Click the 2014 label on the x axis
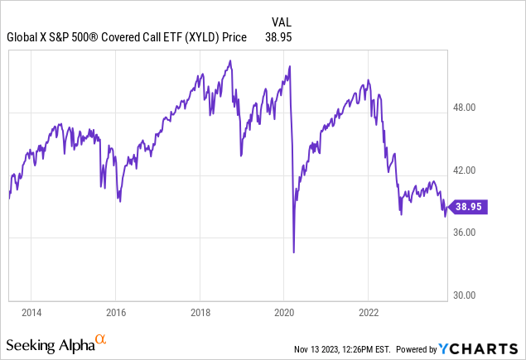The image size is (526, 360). (x=31, y=313)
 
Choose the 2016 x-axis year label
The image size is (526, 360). (x=116, y=313)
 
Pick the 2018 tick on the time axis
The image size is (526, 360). (x=200, y=313)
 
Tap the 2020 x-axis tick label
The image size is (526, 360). (x=284, y=313)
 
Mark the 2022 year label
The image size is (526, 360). (x=369, y=313)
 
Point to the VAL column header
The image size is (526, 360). (x=282, y=21)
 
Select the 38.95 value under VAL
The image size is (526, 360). (x=277, y=37)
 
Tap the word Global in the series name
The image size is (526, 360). (x=23, y=37)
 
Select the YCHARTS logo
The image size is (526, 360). (x=486, y=347)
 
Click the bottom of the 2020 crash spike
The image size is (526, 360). (x=294, y=252)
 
